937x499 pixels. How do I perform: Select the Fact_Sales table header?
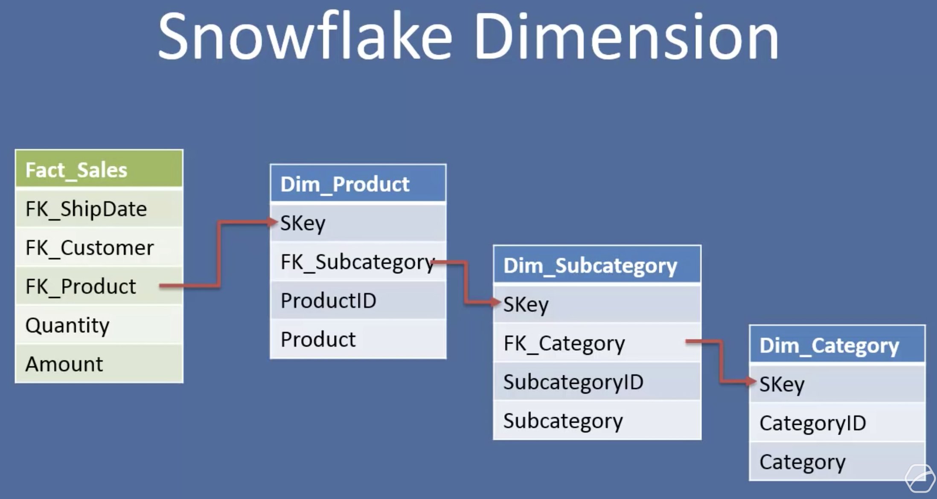pos(99,169)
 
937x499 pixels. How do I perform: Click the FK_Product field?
pos(81,286)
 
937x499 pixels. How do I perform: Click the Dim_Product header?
pos(358,184)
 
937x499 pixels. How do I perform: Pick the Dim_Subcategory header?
pos(597,265)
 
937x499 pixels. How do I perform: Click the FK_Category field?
pos(564,343)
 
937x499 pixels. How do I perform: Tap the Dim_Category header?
pos(836,345)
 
